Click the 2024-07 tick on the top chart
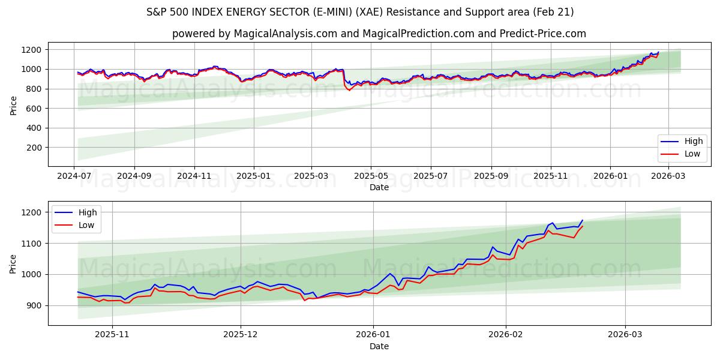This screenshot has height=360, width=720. (74, 176)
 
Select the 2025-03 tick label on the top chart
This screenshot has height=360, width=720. (311, 176)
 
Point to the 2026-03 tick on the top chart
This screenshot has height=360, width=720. (668, 176)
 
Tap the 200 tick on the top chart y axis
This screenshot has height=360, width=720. (34, 148)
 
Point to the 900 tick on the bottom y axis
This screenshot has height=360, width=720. (34, 305)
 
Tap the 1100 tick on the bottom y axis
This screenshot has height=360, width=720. (32, 244)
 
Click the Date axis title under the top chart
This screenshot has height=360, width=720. (379, 188)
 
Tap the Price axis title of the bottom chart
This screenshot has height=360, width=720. (13, 263)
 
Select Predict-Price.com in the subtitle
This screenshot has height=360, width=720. (542, 34)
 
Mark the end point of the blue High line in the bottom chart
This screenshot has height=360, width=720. (582, 220)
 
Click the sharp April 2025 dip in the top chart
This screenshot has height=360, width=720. (349, 89)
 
